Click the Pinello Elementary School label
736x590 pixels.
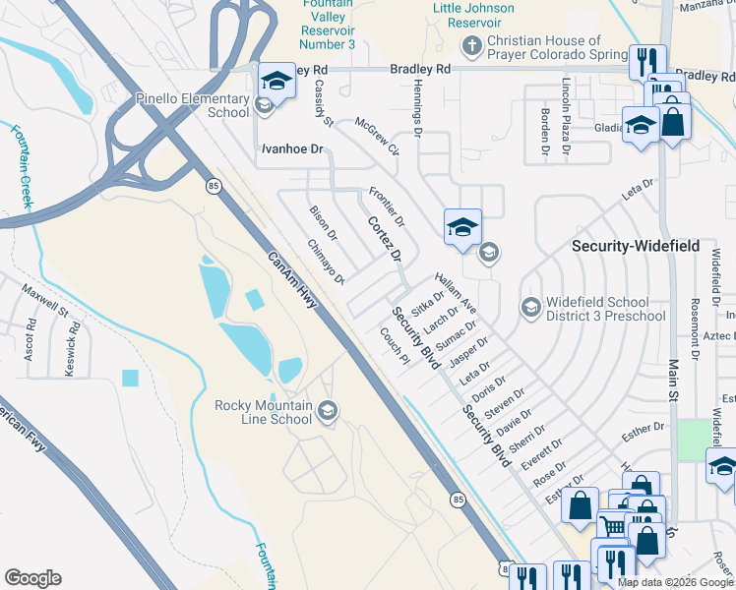[x=193, y=105]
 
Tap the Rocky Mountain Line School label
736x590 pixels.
[x=264, y=412]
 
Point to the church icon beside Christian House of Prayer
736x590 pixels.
[x=471, y=45]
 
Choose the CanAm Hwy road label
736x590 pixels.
[x=292, y=280]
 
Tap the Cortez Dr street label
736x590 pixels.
[x=385, y=240]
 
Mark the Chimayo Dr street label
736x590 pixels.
[x=325, y=263]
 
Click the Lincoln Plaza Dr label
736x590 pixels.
[x=566, y=117]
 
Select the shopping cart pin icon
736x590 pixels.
[x=612, y=525]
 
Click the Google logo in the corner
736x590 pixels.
[x=32, y=578]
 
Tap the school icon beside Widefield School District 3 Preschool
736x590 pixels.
[x=530, y=309]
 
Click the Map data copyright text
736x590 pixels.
[x=675, y=582]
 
